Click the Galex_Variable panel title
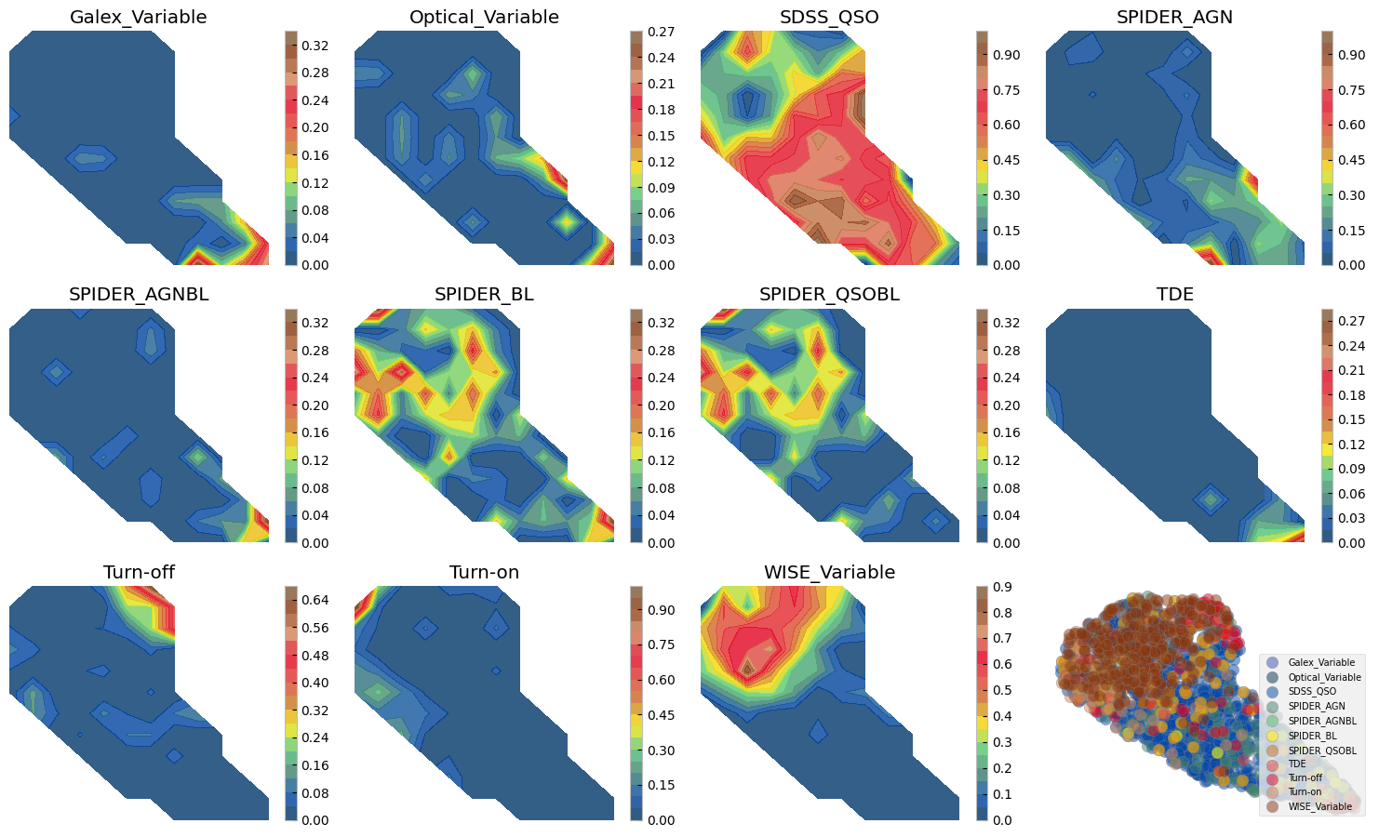pyautogui.click(x=139, y=18)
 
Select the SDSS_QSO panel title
pyautogui.click(x=829, y=18)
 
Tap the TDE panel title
pyautogui.click(x=1175, y=295)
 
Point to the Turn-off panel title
pyautogui.click(x=139, y=573)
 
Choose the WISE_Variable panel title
pyautogui.click(x=829, y=573)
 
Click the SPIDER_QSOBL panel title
pyautogui.click(x=829, y=295)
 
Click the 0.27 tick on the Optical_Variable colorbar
pyautogui.click(x=661, y=32)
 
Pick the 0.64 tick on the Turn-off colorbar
pyautogui.click(x=315, y=600)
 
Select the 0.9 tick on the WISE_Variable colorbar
pyautogui.click(x=1001, y=587)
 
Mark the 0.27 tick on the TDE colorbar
pyautogui.click(x=1351, y=321)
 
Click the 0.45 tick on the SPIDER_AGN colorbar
pyautogui.click(x=1351, y=160)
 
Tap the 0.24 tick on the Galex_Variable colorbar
pyautogui.click(x=315, y=100)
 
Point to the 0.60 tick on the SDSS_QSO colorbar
pyautogui.click(x=1006, y=125)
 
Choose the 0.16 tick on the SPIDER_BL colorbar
pyautogui.click(x=661, y=432)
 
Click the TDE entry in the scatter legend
pyautogui.click(x=1297, y=764)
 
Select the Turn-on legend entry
pyautogui.click(x=1305, y=792)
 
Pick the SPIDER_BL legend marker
pyautogui.click(x=1272, y=736)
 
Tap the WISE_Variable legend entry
pyautogui.click(x=1319, y=806)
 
